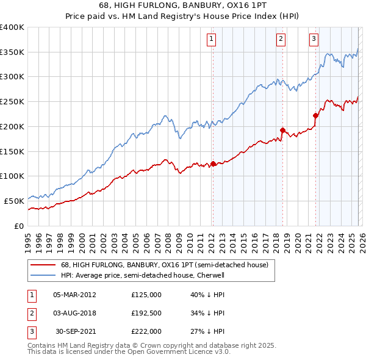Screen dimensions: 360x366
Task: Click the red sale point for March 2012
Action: [x=213, y=164]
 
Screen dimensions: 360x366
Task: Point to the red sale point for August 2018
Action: [x=282, y=130]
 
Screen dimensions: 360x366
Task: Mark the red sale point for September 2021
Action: [x=316, y=115]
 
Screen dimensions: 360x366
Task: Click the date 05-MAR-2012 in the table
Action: [x=74, y=295]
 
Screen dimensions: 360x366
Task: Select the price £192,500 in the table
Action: [x=146, y=313]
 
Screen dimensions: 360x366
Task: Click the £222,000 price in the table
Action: [x=146, y=331]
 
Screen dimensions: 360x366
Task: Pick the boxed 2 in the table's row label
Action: [x=30, y=313]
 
